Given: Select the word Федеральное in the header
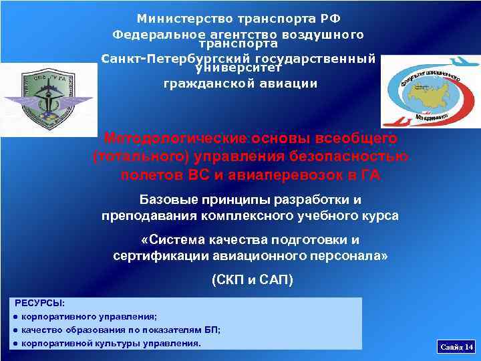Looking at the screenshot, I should pyautogui.click(x=153, y=34).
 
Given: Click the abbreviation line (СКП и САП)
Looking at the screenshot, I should pyautogui.click(x=252, y=280).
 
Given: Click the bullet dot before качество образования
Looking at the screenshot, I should pyautogui.click(x=15, y=330).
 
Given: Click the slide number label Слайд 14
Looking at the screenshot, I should pyautogui.click(x=456, y=346).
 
